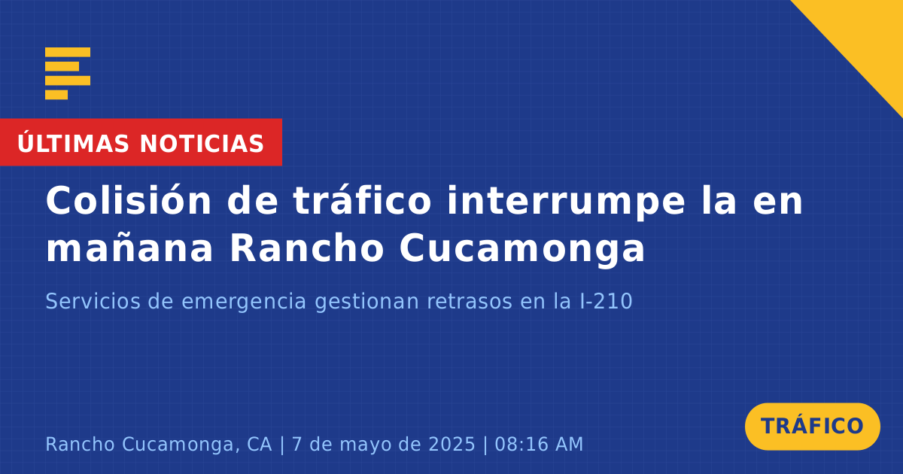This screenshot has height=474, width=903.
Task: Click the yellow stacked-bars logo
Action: (68, 74)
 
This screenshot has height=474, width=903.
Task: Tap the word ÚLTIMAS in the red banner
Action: (73, 143)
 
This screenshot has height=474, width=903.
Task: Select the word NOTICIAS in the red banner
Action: (202, 144)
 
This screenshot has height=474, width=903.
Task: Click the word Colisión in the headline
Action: (129, 200)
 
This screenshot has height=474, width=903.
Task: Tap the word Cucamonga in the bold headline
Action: (522, 250)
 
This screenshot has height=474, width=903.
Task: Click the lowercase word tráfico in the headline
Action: (363, 200)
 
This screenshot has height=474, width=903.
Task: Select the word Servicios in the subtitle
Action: (93, 301)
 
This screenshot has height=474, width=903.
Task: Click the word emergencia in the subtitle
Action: (244, 302)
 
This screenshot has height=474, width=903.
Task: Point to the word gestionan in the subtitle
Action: (367, 302)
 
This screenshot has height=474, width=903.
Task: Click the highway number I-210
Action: (606, 301)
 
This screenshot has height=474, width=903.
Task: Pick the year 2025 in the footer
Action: (452, 444)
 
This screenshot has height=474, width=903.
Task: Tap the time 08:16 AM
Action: (539, 444)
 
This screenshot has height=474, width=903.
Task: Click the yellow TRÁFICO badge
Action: (812, 427)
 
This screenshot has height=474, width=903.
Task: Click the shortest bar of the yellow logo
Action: (56, 95)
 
